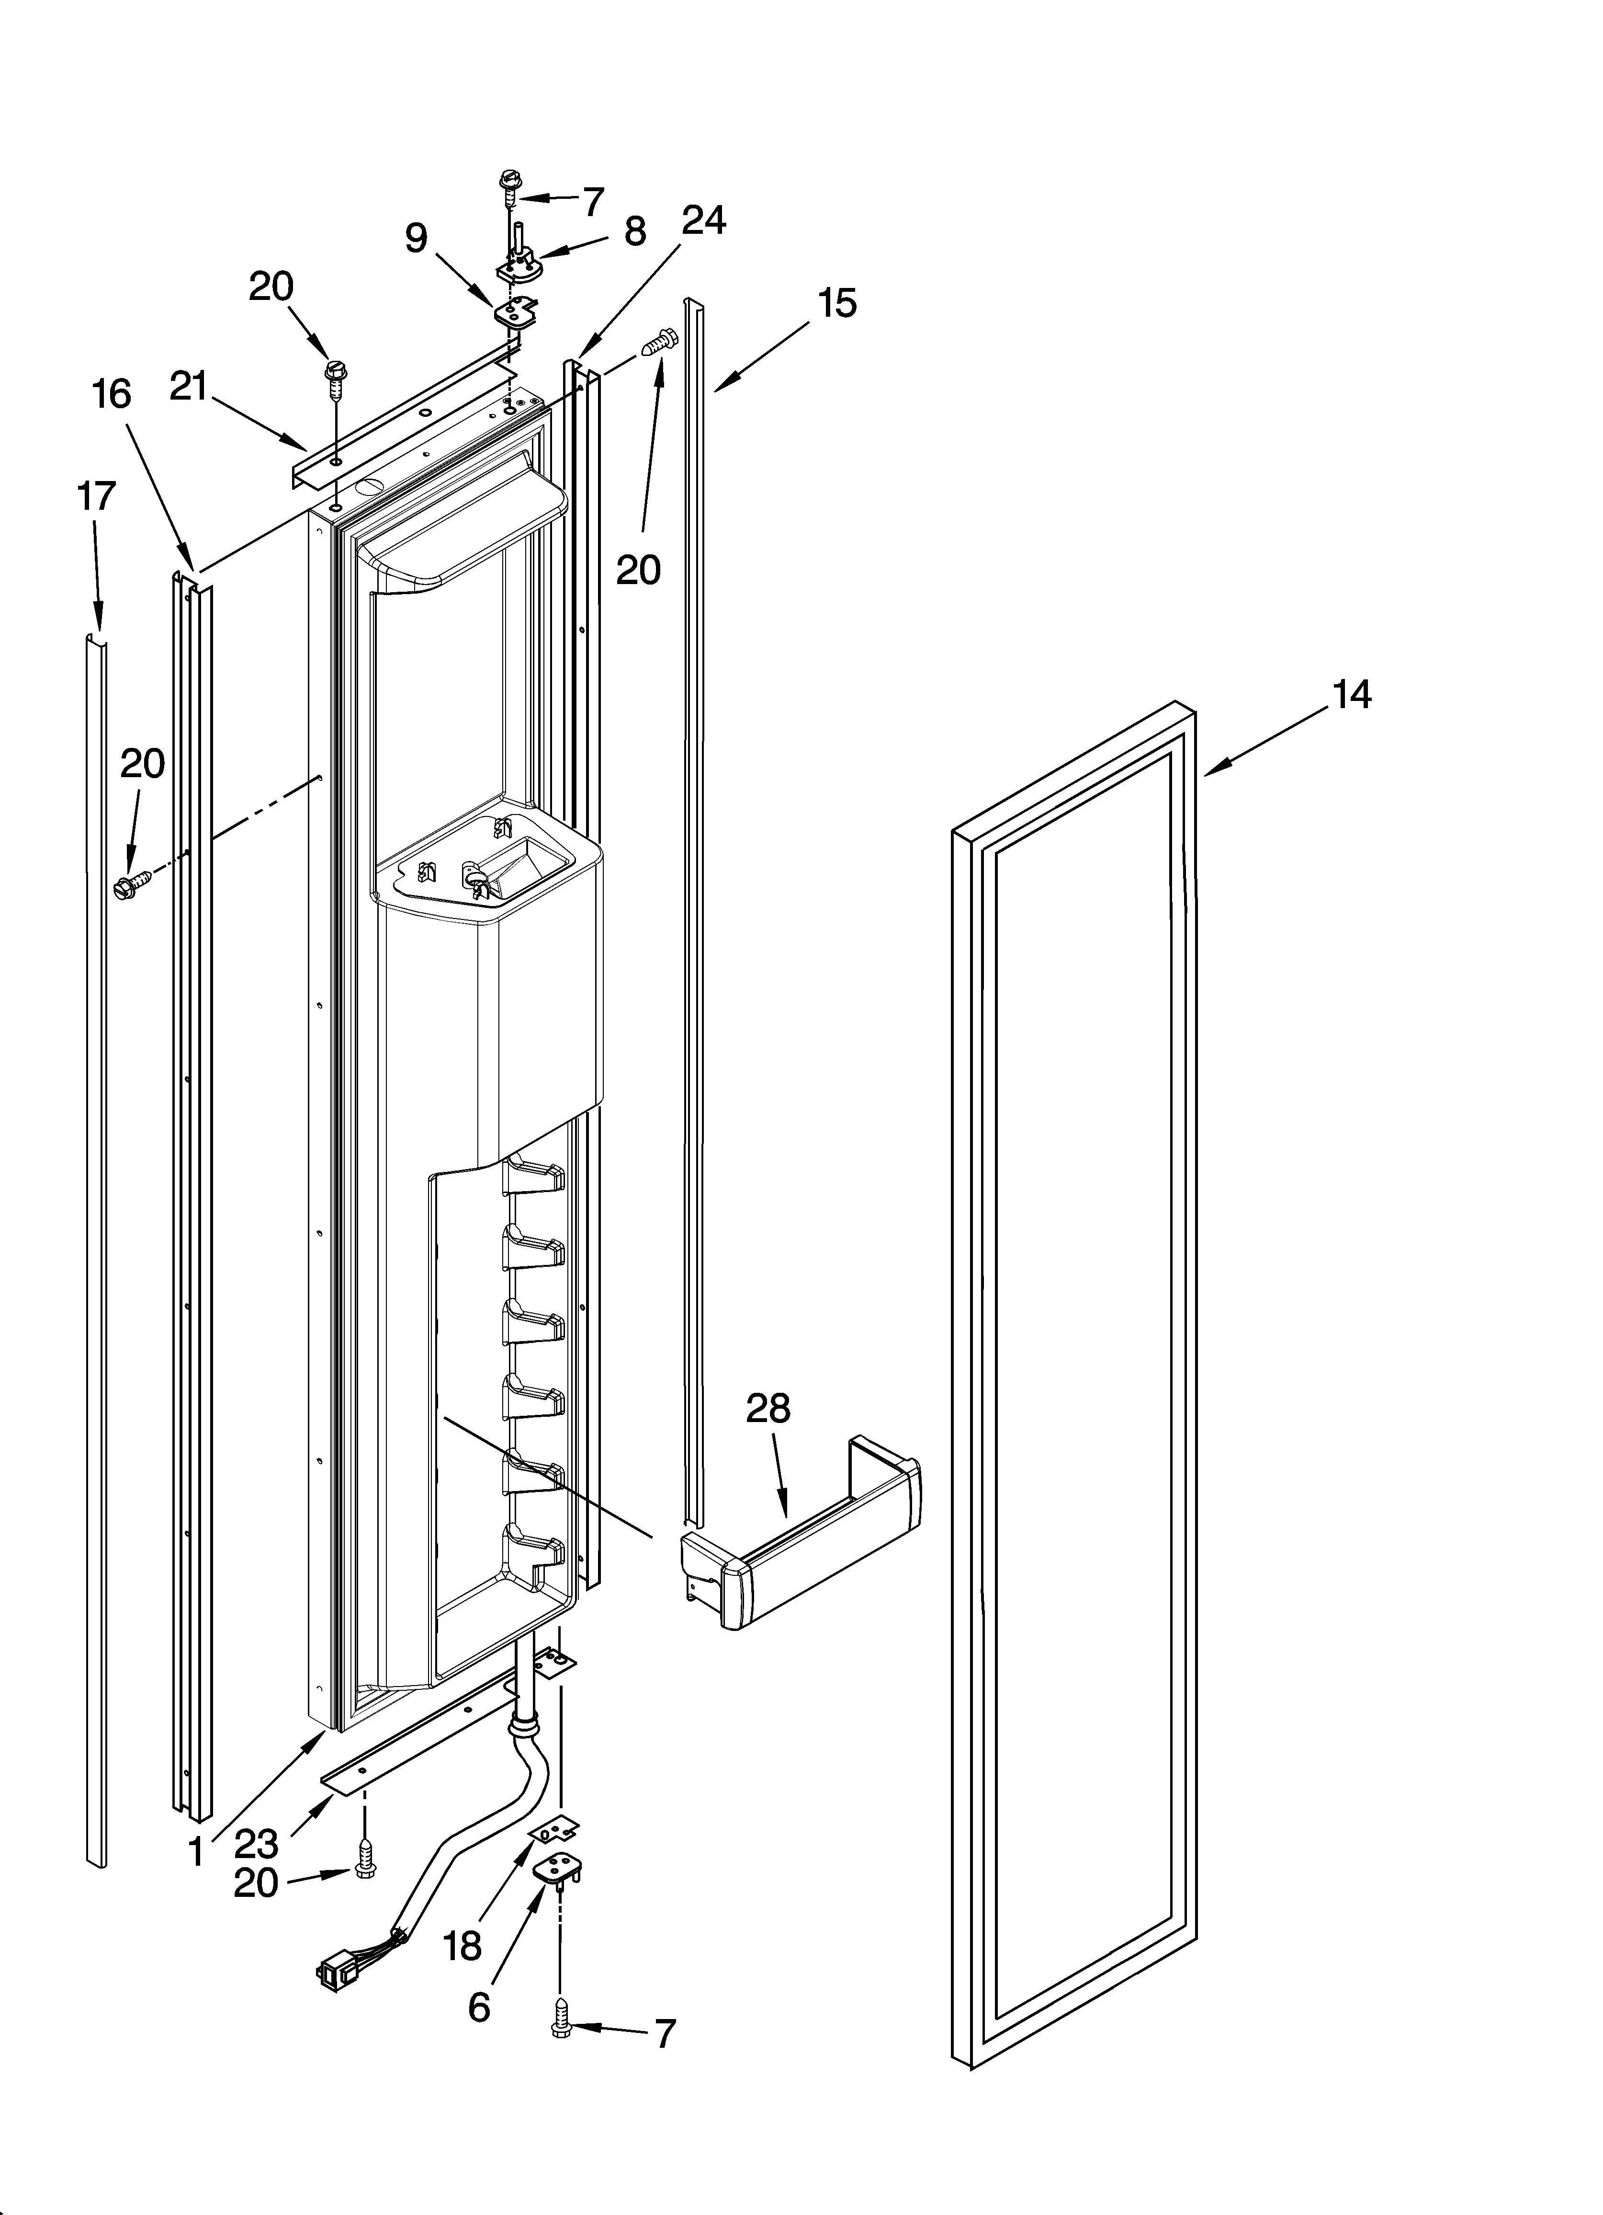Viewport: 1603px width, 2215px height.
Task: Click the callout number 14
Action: tap(1351, 695)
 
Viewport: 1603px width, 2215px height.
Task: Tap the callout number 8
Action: tap(634, 231)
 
